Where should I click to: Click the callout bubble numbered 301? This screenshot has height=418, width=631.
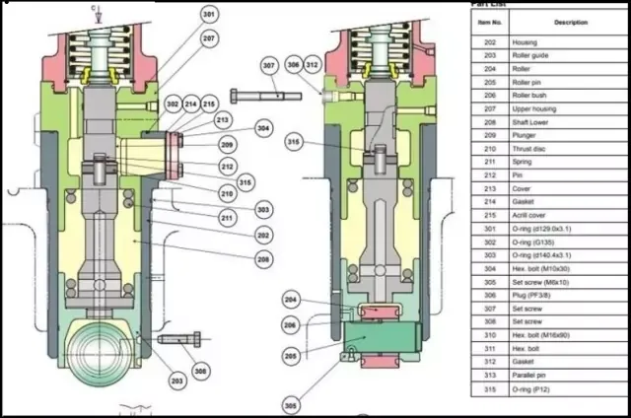pos(209,16)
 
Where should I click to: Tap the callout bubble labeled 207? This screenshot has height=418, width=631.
pos(209,38)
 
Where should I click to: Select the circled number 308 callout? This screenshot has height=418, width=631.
pos(201,372)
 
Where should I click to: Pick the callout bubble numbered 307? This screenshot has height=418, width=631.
pos(270,66)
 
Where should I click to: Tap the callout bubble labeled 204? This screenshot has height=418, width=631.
pos(290,300)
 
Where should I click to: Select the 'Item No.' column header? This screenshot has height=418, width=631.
pos(490,22)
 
